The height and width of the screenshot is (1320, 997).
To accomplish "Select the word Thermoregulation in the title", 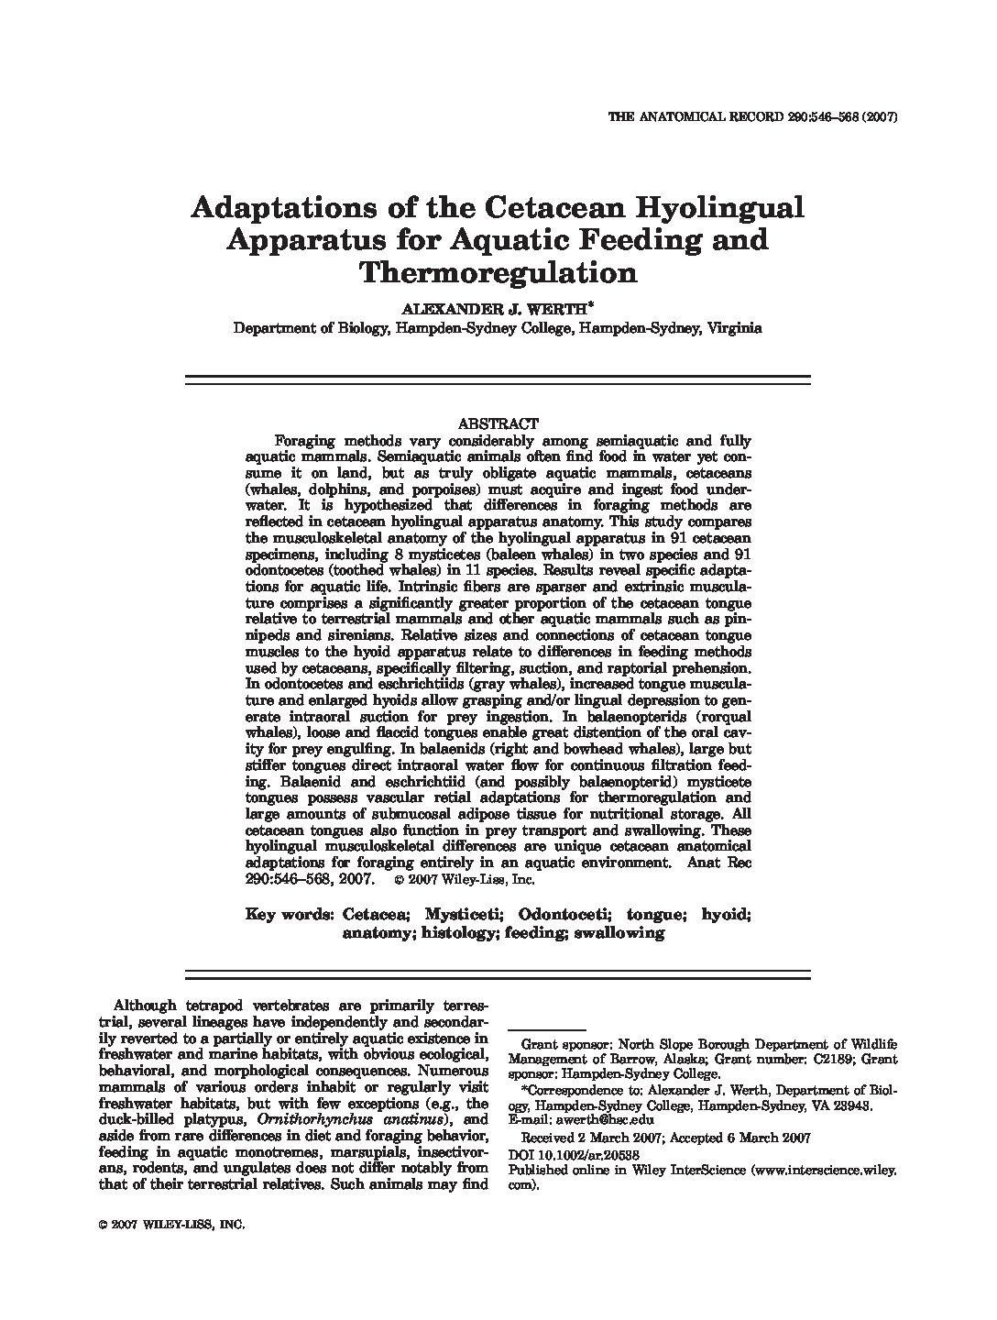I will pyautogui.click(x=498, y=273).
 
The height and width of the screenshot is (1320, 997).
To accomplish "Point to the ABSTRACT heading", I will pyautogui.click(x=497, y=423).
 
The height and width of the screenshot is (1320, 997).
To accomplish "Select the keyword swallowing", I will pyautogui.click(x=619, y=933).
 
